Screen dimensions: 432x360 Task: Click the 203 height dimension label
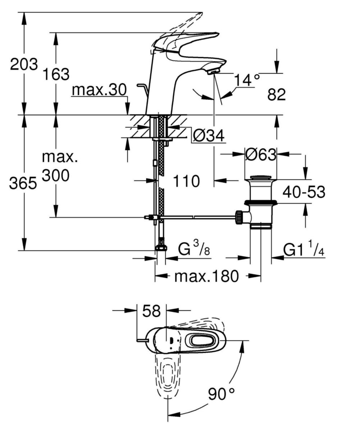(x=24, y=65)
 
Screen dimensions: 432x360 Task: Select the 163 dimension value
(x=56, y=74)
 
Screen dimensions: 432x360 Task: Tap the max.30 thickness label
(x=99, y=90)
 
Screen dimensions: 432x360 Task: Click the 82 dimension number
(x=277, y=95)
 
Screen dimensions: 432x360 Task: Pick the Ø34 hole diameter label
(x=208, y=136)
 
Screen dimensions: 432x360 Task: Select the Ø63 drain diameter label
(x=261, y=155)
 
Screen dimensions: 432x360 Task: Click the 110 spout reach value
(x=186, y=181)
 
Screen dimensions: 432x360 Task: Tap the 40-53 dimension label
(x=304, y=193)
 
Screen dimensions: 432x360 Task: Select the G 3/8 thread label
(x=194, y=249)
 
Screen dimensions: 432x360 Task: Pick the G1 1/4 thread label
(x=304, y=249)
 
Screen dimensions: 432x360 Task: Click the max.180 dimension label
(x=206, y=276)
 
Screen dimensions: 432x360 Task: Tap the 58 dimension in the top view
(x=151, y=311)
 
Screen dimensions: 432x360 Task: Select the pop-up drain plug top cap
(x=261, y=178)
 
